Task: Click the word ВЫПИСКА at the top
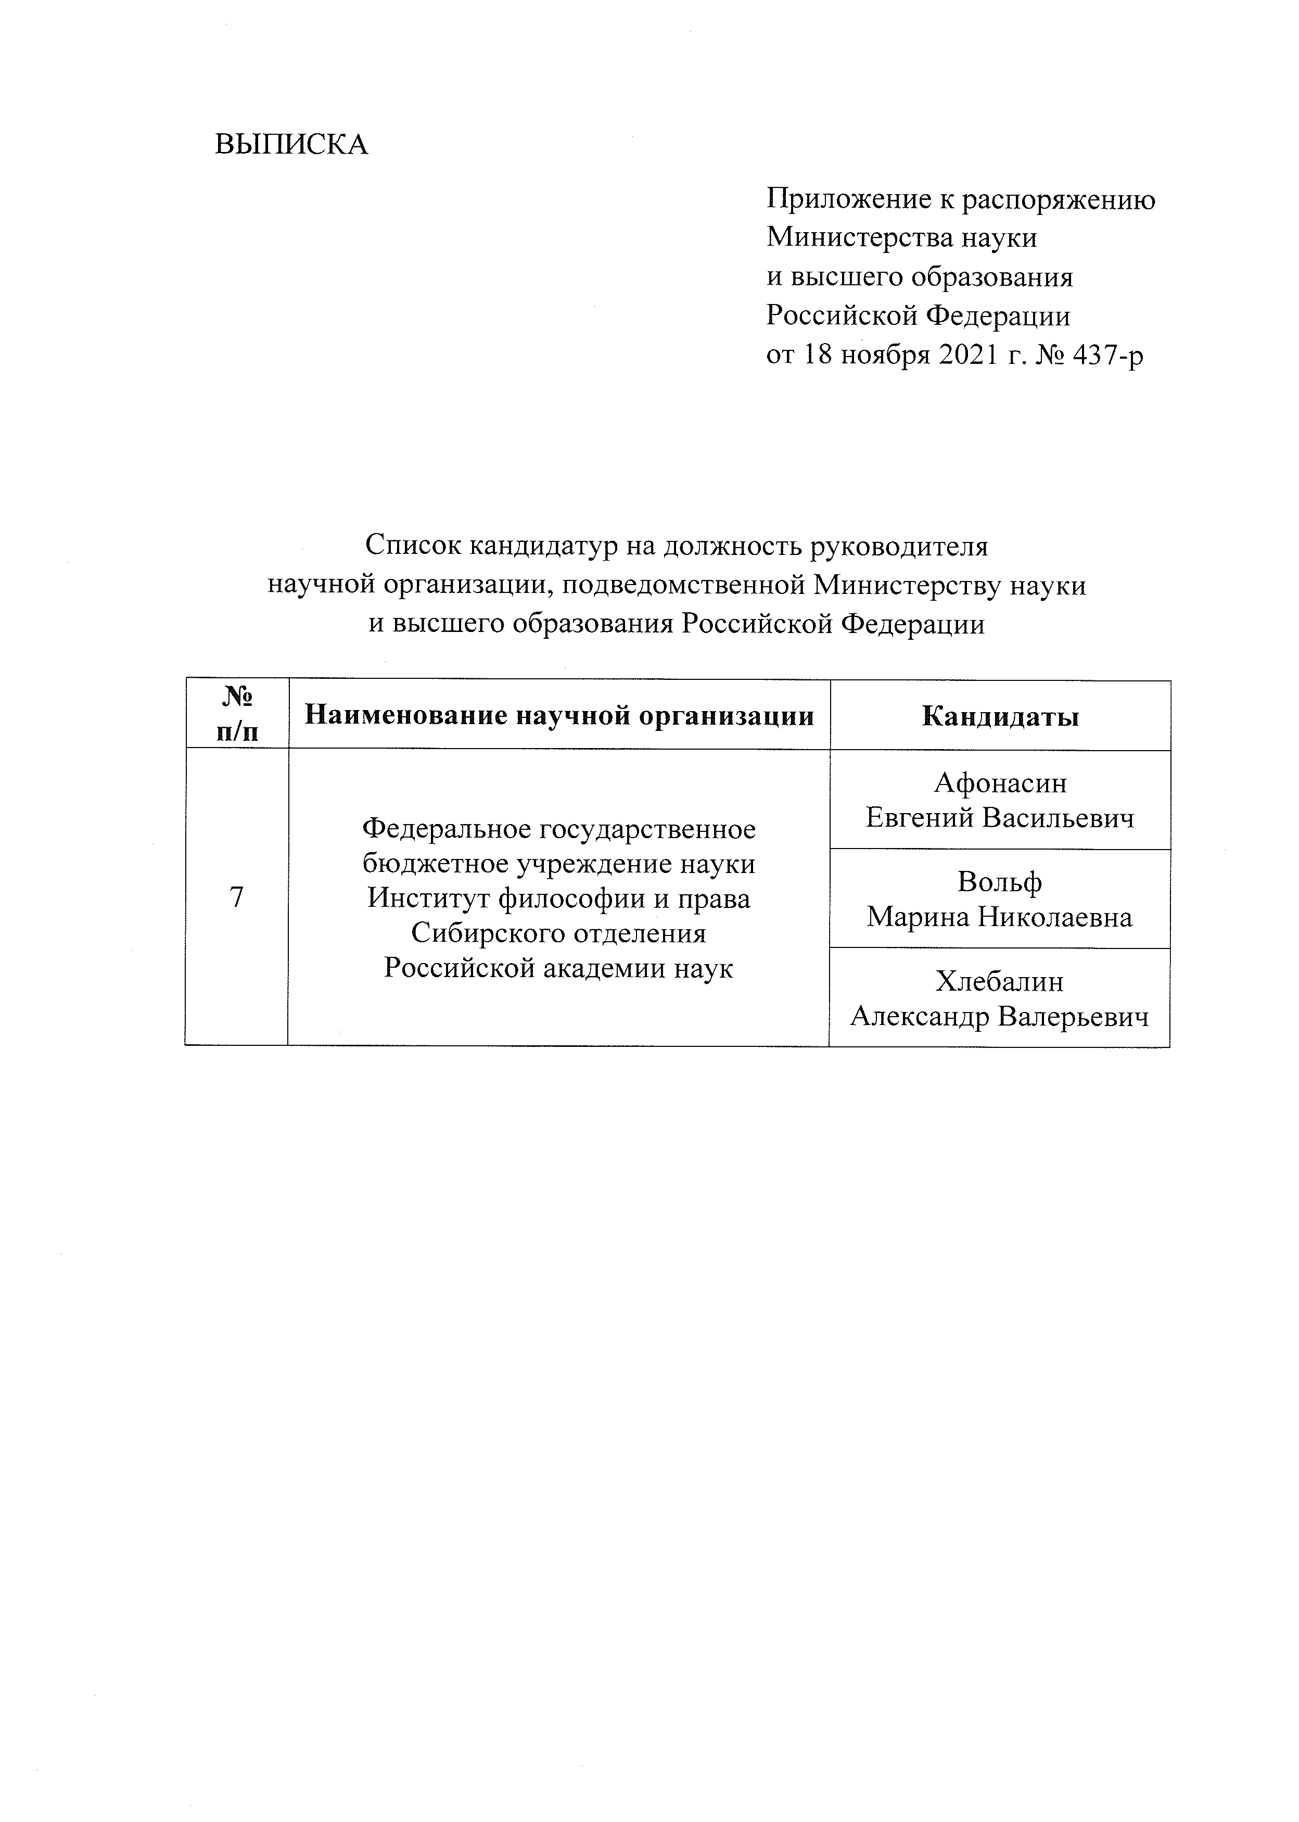tap(292, 145)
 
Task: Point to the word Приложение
tap(847, 199)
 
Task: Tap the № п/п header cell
tap(237, 715)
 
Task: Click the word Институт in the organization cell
tap(429, 899)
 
